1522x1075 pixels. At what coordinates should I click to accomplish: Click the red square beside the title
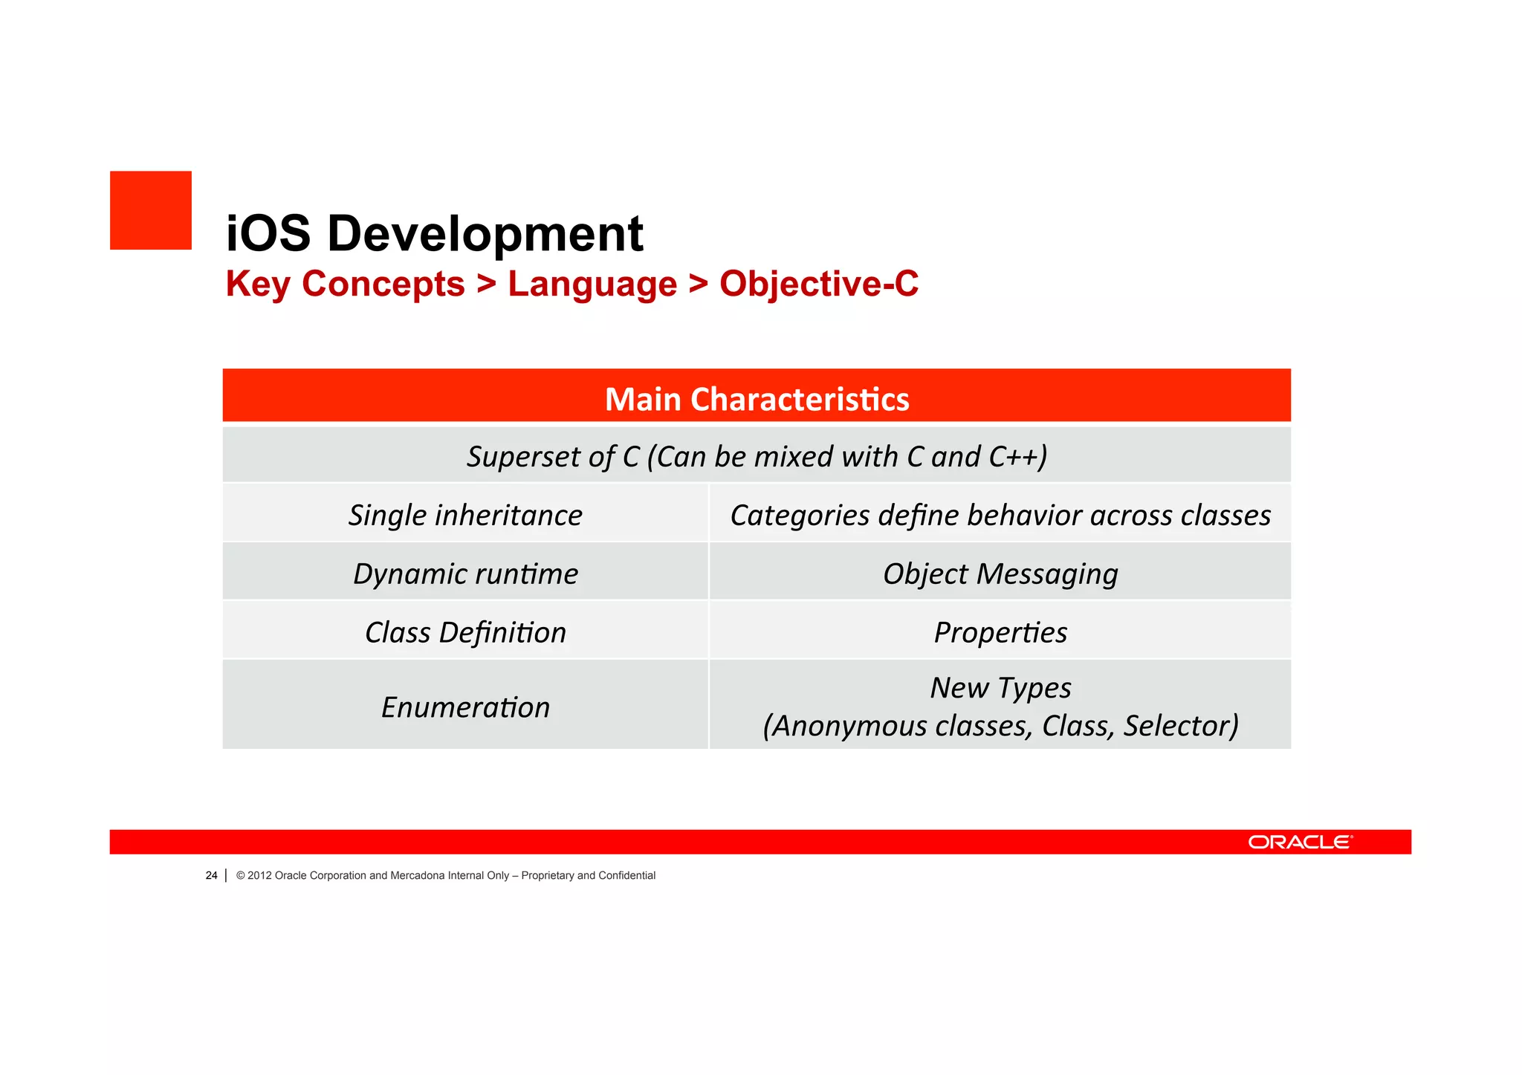tap(151, 210)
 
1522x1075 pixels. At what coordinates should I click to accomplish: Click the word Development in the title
tap(485, 233)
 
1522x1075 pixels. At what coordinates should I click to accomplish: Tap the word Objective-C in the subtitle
tap(819, 284)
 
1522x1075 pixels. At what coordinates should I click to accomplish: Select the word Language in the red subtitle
tap(592, 284)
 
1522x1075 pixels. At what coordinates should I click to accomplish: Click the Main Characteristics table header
tap(757, 398)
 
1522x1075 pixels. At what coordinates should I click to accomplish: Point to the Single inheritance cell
tap(465, 515)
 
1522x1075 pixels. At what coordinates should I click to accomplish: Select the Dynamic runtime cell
tap(465, 574)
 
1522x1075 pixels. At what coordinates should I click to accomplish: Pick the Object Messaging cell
tap(1000, 574)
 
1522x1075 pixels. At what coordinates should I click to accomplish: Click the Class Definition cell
tap(465, 632)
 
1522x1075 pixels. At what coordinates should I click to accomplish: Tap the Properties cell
tap(1000, 632)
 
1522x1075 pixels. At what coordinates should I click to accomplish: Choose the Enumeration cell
tap(465, 707)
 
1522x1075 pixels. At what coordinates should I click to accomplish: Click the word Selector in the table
tap(1180, 726)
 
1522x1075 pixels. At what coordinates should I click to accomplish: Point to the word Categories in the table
tap(800, 515)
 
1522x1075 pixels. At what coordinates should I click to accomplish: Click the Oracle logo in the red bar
tap(1300, 842)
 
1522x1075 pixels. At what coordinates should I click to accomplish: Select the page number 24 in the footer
tap(211, 875)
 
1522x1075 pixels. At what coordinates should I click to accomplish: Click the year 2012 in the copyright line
tap(259, 875)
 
